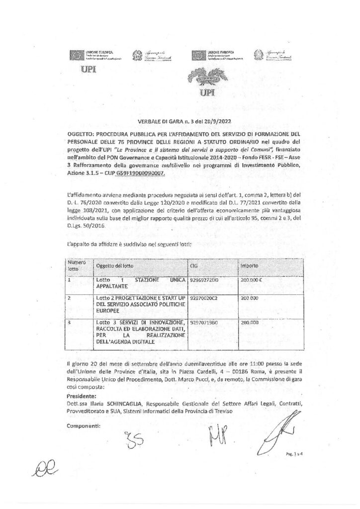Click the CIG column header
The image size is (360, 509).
coord(194,266)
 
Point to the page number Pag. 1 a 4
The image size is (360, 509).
coord(296,453)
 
